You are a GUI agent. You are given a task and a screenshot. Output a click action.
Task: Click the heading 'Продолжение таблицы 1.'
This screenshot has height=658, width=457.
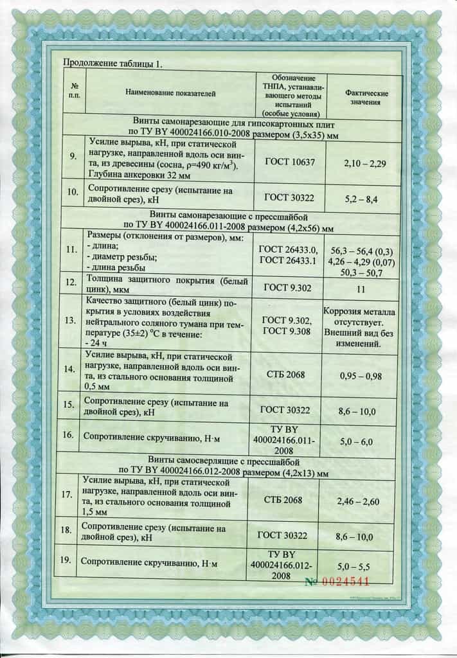pyautogui.click(x=112, y=64)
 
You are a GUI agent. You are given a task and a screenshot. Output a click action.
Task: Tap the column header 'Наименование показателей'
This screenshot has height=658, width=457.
pyautogui.click(x=170, y=93)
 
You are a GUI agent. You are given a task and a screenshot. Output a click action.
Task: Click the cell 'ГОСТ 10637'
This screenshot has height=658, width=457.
pyautogui.click(x=290, y=162)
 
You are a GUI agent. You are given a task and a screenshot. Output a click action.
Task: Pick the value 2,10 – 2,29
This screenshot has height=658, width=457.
pyautogui.click(x=364, y=164)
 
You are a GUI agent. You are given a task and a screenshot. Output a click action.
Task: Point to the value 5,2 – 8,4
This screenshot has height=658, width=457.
pyautogui.click(x=364, y=200)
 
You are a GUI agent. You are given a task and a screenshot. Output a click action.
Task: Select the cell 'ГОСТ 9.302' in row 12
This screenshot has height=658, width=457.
pyautogui.click(x=288, y=287)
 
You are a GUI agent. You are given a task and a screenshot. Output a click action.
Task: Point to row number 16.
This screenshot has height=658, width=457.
pyautogui.click(x=68, y=435)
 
